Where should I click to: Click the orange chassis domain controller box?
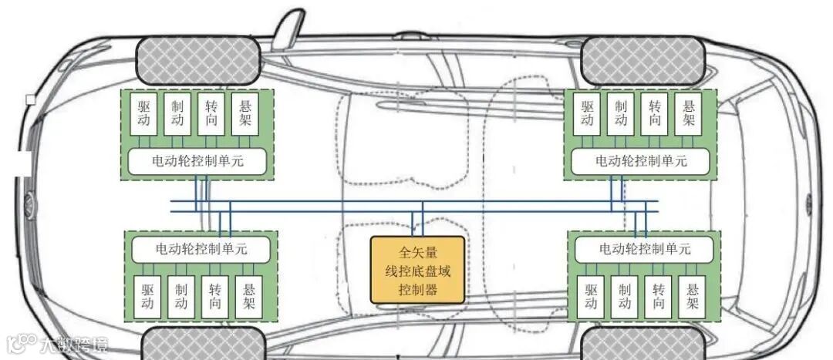point(417,270)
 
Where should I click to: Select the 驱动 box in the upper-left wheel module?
point(144,114)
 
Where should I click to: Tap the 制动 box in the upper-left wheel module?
point(178,114)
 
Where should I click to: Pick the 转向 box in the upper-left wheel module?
point(212,114)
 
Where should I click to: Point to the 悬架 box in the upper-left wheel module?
point(246,114)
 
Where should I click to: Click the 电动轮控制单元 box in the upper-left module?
point(197,161)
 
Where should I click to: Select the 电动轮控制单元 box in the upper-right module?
point(641,161)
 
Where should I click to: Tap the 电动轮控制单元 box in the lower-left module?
point(201,250)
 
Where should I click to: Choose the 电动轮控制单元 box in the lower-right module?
point(645,250)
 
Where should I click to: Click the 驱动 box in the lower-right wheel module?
point(592,297)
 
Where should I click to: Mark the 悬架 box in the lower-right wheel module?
point(693,297)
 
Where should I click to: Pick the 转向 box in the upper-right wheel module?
point(655,114)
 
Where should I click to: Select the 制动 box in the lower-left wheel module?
point(181,297)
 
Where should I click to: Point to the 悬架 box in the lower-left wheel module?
point(248,297)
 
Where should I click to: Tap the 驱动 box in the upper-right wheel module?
point(588,114)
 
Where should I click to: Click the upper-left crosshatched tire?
point(197,61)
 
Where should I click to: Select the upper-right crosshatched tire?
point(641,61)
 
